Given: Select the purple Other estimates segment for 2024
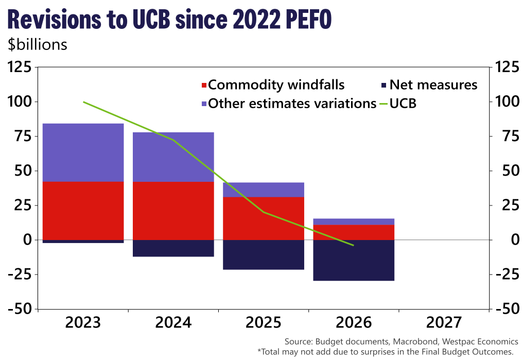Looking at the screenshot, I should coord(173,157).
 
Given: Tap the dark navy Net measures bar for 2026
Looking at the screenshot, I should coord(354,260).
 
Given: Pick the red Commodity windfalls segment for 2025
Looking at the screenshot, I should coord(264,218).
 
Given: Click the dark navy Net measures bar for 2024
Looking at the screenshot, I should coord(173,248).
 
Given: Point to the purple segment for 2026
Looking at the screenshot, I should coord(354,221).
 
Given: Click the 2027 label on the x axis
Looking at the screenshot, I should coord(444,323).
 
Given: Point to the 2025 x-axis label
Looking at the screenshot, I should coord(264,323).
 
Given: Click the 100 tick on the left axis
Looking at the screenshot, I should coord(20,102).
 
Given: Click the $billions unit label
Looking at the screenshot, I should coord(37,45).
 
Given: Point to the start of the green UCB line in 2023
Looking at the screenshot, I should coord(83,102).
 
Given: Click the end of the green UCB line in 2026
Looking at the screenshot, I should coord(354,245).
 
